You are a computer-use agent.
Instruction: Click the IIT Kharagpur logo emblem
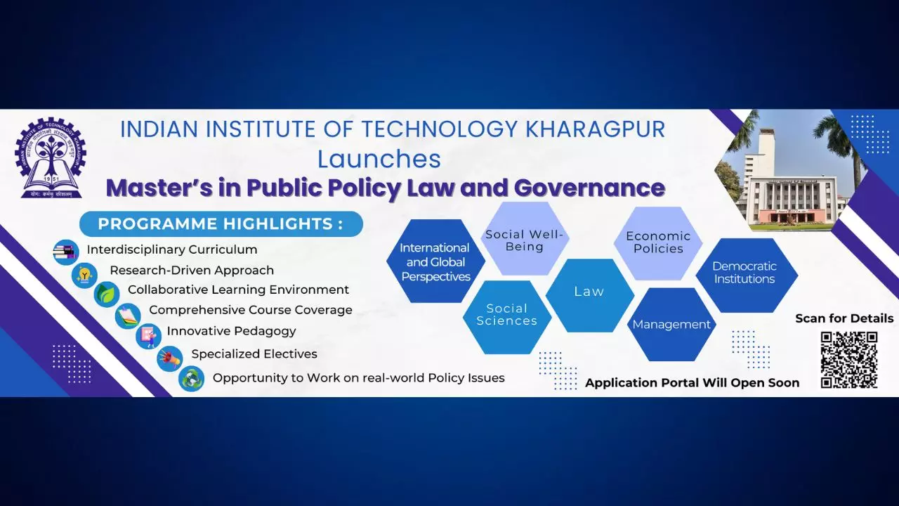(x=51, y=158)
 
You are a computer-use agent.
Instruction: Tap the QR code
(x=849, y=360)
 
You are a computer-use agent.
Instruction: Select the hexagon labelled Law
(x=589, y=295)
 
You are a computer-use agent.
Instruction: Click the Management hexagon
(x=671, y=324)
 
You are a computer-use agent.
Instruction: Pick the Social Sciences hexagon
(x=507, y=317)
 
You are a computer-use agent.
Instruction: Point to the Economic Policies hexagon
(x=658, y=243)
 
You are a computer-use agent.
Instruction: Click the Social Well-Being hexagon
(x=525, y=238)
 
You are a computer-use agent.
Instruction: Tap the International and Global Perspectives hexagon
(x=436, y=261)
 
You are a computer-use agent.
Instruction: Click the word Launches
(x=379, y=159)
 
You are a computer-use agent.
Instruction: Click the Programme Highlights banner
(x=221, y=223)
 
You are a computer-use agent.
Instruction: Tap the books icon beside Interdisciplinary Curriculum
(x=66, y=252)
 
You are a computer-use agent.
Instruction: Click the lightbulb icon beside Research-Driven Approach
(x=85, y=275)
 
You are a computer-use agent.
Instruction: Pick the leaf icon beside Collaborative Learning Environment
(x=107, y=294)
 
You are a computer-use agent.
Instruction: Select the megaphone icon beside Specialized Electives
(x=170, y=358)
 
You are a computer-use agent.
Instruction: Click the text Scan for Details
(x=844, y=318)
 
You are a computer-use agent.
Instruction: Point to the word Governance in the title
(x=589, y=188)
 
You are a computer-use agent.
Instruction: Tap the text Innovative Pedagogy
(x=231, y=332)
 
